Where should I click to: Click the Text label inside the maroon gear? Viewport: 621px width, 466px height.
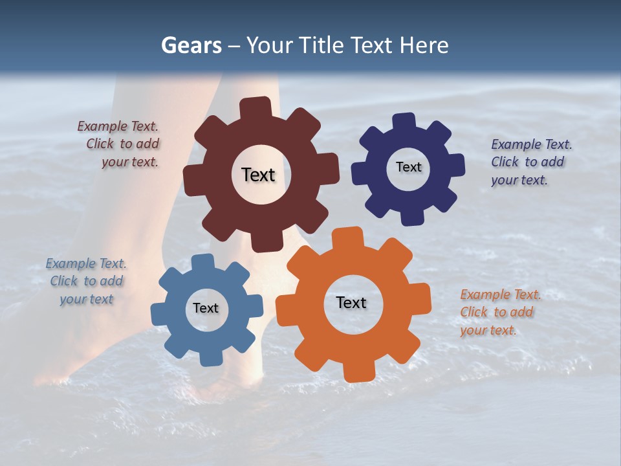[x=258, y=175]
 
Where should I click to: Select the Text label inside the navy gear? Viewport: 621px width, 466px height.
[x=408, y=167]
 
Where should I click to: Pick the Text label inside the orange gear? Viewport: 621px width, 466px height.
[x=351, y=302]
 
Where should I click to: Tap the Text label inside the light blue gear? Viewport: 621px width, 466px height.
[x=206, y=308]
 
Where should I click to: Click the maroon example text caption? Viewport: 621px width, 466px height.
[x=120, y=144]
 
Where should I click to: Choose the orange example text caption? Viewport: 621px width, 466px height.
[x=499, y=313]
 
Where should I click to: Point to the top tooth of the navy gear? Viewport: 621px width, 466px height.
[x=404, y=121]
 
